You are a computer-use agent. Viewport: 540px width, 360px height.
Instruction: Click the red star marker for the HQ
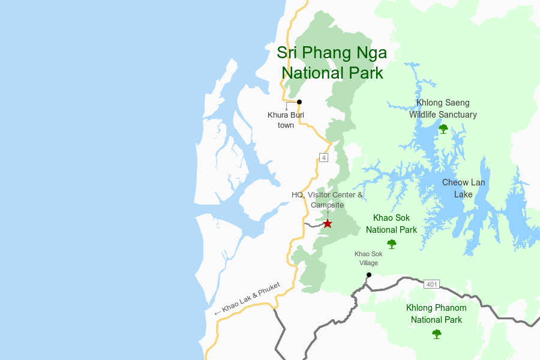click(328, 224)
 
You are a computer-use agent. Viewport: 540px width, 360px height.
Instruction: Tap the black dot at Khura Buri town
click(299, 102)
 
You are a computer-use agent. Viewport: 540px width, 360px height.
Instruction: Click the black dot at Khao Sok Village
click(369, 275)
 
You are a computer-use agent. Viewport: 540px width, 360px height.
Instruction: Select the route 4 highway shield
click(324, 158)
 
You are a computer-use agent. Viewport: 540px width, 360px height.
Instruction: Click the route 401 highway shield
click(431, 284)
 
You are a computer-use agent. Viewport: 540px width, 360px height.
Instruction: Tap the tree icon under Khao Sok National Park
click(392, 244)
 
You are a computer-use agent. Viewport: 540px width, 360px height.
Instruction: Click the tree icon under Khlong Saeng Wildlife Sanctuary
click(443, 128)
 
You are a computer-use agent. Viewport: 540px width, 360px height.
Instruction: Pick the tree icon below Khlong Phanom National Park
click(437, 334)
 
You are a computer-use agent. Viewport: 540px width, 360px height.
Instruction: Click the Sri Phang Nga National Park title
click(332, 62)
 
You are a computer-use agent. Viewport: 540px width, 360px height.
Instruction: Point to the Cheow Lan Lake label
click(463, 188)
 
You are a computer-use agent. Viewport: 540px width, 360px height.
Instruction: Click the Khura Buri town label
click(286, 120)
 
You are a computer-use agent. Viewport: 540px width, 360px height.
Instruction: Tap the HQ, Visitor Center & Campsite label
click(327, 200)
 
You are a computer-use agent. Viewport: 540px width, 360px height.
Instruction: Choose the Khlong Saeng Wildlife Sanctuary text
click(443, 109)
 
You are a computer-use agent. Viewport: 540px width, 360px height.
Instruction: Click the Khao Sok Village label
click(368, 258)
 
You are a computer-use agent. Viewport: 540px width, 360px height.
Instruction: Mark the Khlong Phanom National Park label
click(436, 314)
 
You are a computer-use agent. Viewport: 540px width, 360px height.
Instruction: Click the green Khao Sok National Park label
click(391, 223)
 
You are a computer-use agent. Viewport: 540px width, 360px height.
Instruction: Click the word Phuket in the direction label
click(269, 290)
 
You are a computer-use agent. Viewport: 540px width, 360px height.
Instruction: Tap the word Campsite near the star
click(327, 205)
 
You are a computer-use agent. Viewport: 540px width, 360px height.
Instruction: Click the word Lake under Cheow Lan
click(463, 194)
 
